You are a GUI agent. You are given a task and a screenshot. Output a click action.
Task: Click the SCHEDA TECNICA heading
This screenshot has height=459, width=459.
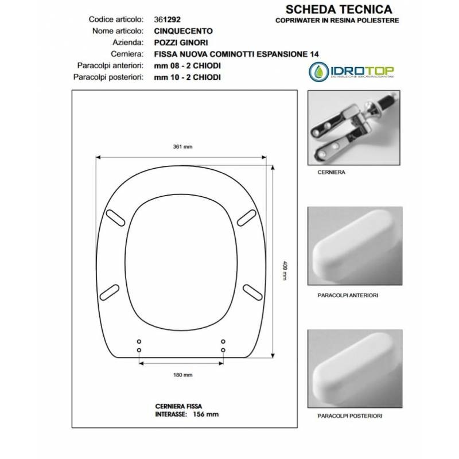(x=339, y=9)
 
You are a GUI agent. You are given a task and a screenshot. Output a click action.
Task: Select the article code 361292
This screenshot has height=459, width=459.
(x=167, y=20)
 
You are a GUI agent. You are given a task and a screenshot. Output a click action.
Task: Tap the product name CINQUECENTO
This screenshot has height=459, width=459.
(x=183, y=31)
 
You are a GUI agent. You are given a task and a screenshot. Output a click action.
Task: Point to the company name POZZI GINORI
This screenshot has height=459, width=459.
(x=181, y=42)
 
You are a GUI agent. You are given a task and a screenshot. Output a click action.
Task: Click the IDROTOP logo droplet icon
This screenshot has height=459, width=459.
(x=318, y=71)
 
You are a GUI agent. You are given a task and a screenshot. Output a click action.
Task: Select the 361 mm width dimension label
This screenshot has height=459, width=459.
(x=182, y=147)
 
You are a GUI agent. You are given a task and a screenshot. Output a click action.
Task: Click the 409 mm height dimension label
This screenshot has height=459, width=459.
(x=285, y=270)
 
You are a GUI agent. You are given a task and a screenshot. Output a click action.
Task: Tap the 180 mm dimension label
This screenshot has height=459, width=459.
(x=182, y=375)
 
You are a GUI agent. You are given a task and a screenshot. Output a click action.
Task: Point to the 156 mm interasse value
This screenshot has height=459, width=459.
(x=206, y=414)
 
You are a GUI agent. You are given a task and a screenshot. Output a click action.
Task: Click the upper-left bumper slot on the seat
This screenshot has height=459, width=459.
(x=115, y=218)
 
